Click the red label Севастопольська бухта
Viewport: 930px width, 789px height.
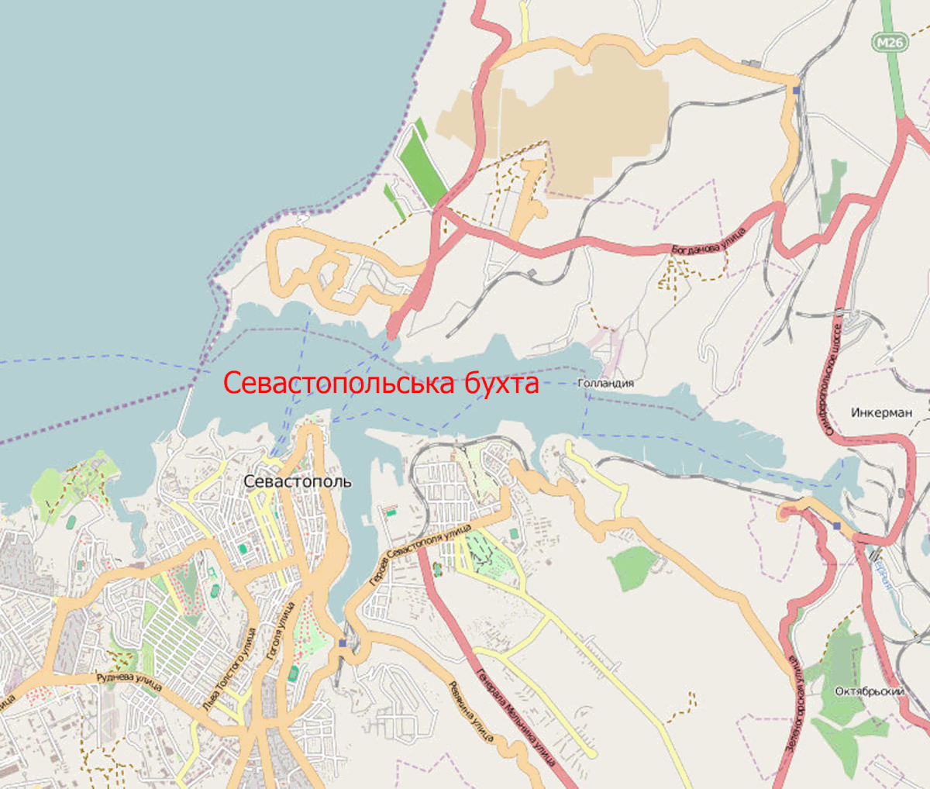[381, 383]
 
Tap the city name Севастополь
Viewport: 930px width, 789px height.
[297, 481]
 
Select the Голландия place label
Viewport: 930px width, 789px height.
[605, 383]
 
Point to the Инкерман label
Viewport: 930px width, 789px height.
[881, 412]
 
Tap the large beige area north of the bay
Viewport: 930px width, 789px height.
[589, 116]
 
